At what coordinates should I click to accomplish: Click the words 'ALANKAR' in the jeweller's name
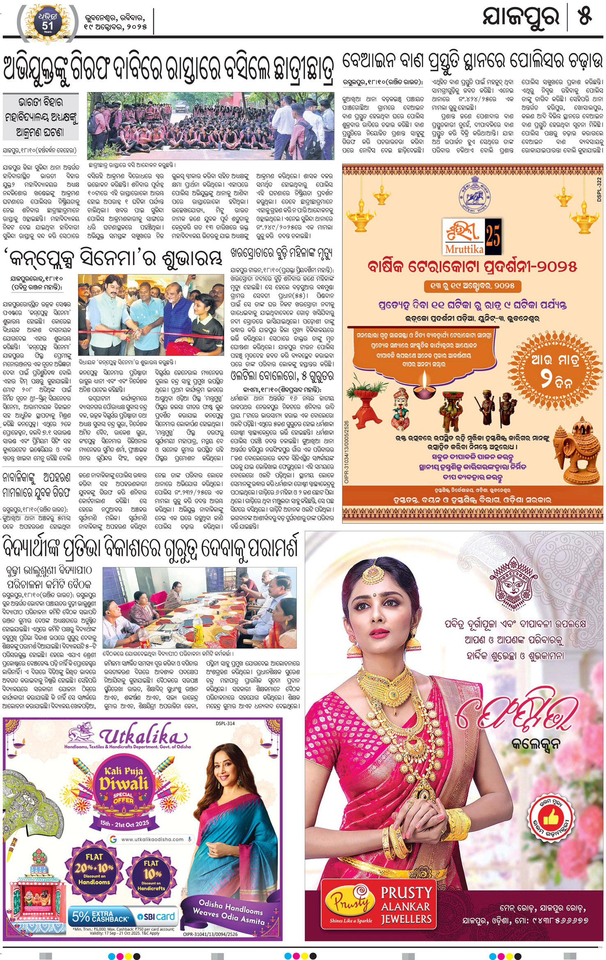tap(406, 906)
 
